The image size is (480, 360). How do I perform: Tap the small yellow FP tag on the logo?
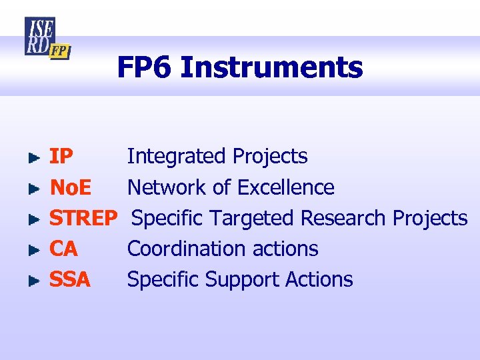pyautogui.click(x=59, y=51)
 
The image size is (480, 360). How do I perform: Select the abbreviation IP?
pyautogui.click(x=61, y=157)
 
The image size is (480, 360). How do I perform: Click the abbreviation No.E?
pyautogui.click(x=71, y=187)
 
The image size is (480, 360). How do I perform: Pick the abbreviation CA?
pyautogui.click(x=63, y=249)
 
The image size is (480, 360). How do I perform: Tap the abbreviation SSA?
pyautogui.click(x=69, y=279)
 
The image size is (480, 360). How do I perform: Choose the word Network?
pyautogui.click(x=167, y=187)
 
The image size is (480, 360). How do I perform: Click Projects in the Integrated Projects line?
pyautogui.click(x=270, y=157)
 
